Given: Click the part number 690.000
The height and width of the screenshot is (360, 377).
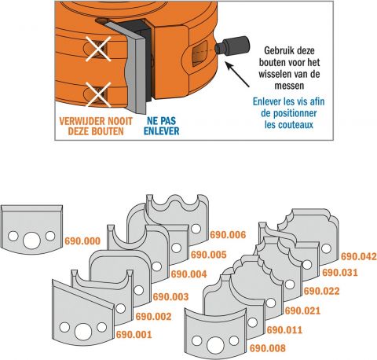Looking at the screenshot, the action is [x=82, y=241].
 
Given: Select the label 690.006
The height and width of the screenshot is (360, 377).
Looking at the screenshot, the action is [x=228, y=235].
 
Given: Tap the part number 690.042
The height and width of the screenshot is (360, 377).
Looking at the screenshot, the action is [x=358, y=256].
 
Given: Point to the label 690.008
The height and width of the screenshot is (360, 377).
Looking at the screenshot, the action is [x=268, y=348].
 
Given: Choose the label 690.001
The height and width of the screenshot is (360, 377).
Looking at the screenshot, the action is [x=134, y=335].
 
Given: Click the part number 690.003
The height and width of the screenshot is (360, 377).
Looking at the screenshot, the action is [x=170, y=297].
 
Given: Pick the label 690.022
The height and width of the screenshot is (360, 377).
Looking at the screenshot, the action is [x=321, y=291].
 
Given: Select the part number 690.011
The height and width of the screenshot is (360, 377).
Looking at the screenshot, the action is [x=284, y=330].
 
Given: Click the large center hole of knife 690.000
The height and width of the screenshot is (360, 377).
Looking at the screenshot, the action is [x=31, y=241].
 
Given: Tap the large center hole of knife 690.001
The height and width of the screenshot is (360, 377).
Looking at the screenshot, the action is [x=83, y=332].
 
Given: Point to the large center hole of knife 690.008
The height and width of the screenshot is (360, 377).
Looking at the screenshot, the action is [x=215, y=345].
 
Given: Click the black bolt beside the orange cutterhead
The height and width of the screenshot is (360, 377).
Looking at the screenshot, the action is [x=232, y=46].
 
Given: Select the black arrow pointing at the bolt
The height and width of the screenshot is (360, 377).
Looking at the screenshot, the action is [x=237, y=74].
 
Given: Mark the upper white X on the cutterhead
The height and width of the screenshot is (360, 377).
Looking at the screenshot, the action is [x=98, y=49].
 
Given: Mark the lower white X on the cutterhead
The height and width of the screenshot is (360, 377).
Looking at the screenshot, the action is [x=98, y=94].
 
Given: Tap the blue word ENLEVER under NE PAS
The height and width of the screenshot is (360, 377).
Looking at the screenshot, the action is [x=162, y=131].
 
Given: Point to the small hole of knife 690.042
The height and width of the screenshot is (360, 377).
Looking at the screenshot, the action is [x=326, y=248].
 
